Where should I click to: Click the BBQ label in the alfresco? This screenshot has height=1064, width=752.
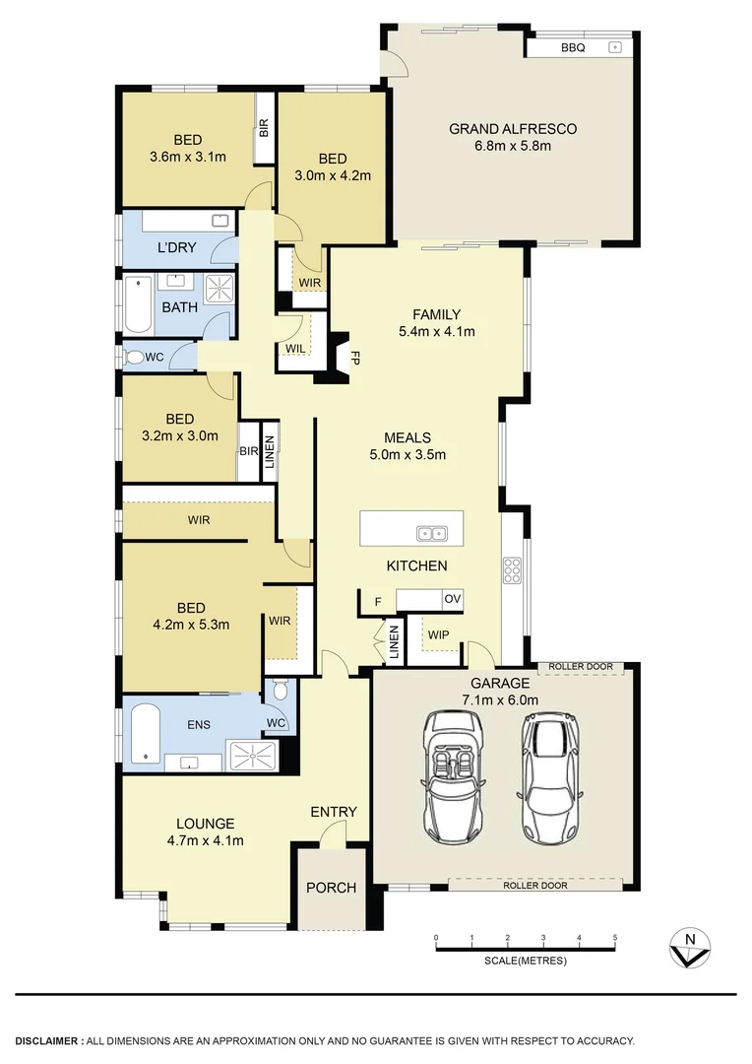pos(573,47)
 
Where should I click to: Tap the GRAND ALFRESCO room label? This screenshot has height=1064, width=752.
pos(513,128)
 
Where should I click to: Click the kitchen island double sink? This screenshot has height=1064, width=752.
pos(432,534)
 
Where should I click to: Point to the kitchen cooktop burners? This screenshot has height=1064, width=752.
pos(512,570)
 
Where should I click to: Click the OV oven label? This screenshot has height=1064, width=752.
pos(451,599)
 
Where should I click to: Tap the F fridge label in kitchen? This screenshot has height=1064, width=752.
pos(376,601)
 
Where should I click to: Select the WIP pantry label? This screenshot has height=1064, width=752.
pos(438,634)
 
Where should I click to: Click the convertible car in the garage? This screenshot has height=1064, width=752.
pos(451,775)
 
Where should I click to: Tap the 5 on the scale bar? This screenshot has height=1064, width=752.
pos(615,937)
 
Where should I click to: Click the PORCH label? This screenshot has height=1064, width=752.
pos(331,888)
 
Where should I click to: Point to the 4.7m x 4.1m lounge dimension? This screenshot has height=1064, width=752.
pos(205,840)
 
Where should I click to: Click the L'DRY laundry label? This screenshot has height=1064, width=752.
pos(176,248)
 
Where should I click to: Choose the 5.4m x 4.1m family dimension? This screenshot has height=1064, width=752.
pos(436,331)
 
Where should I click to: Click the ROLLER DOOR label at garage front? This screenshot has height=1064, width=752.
pos(535,885)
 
